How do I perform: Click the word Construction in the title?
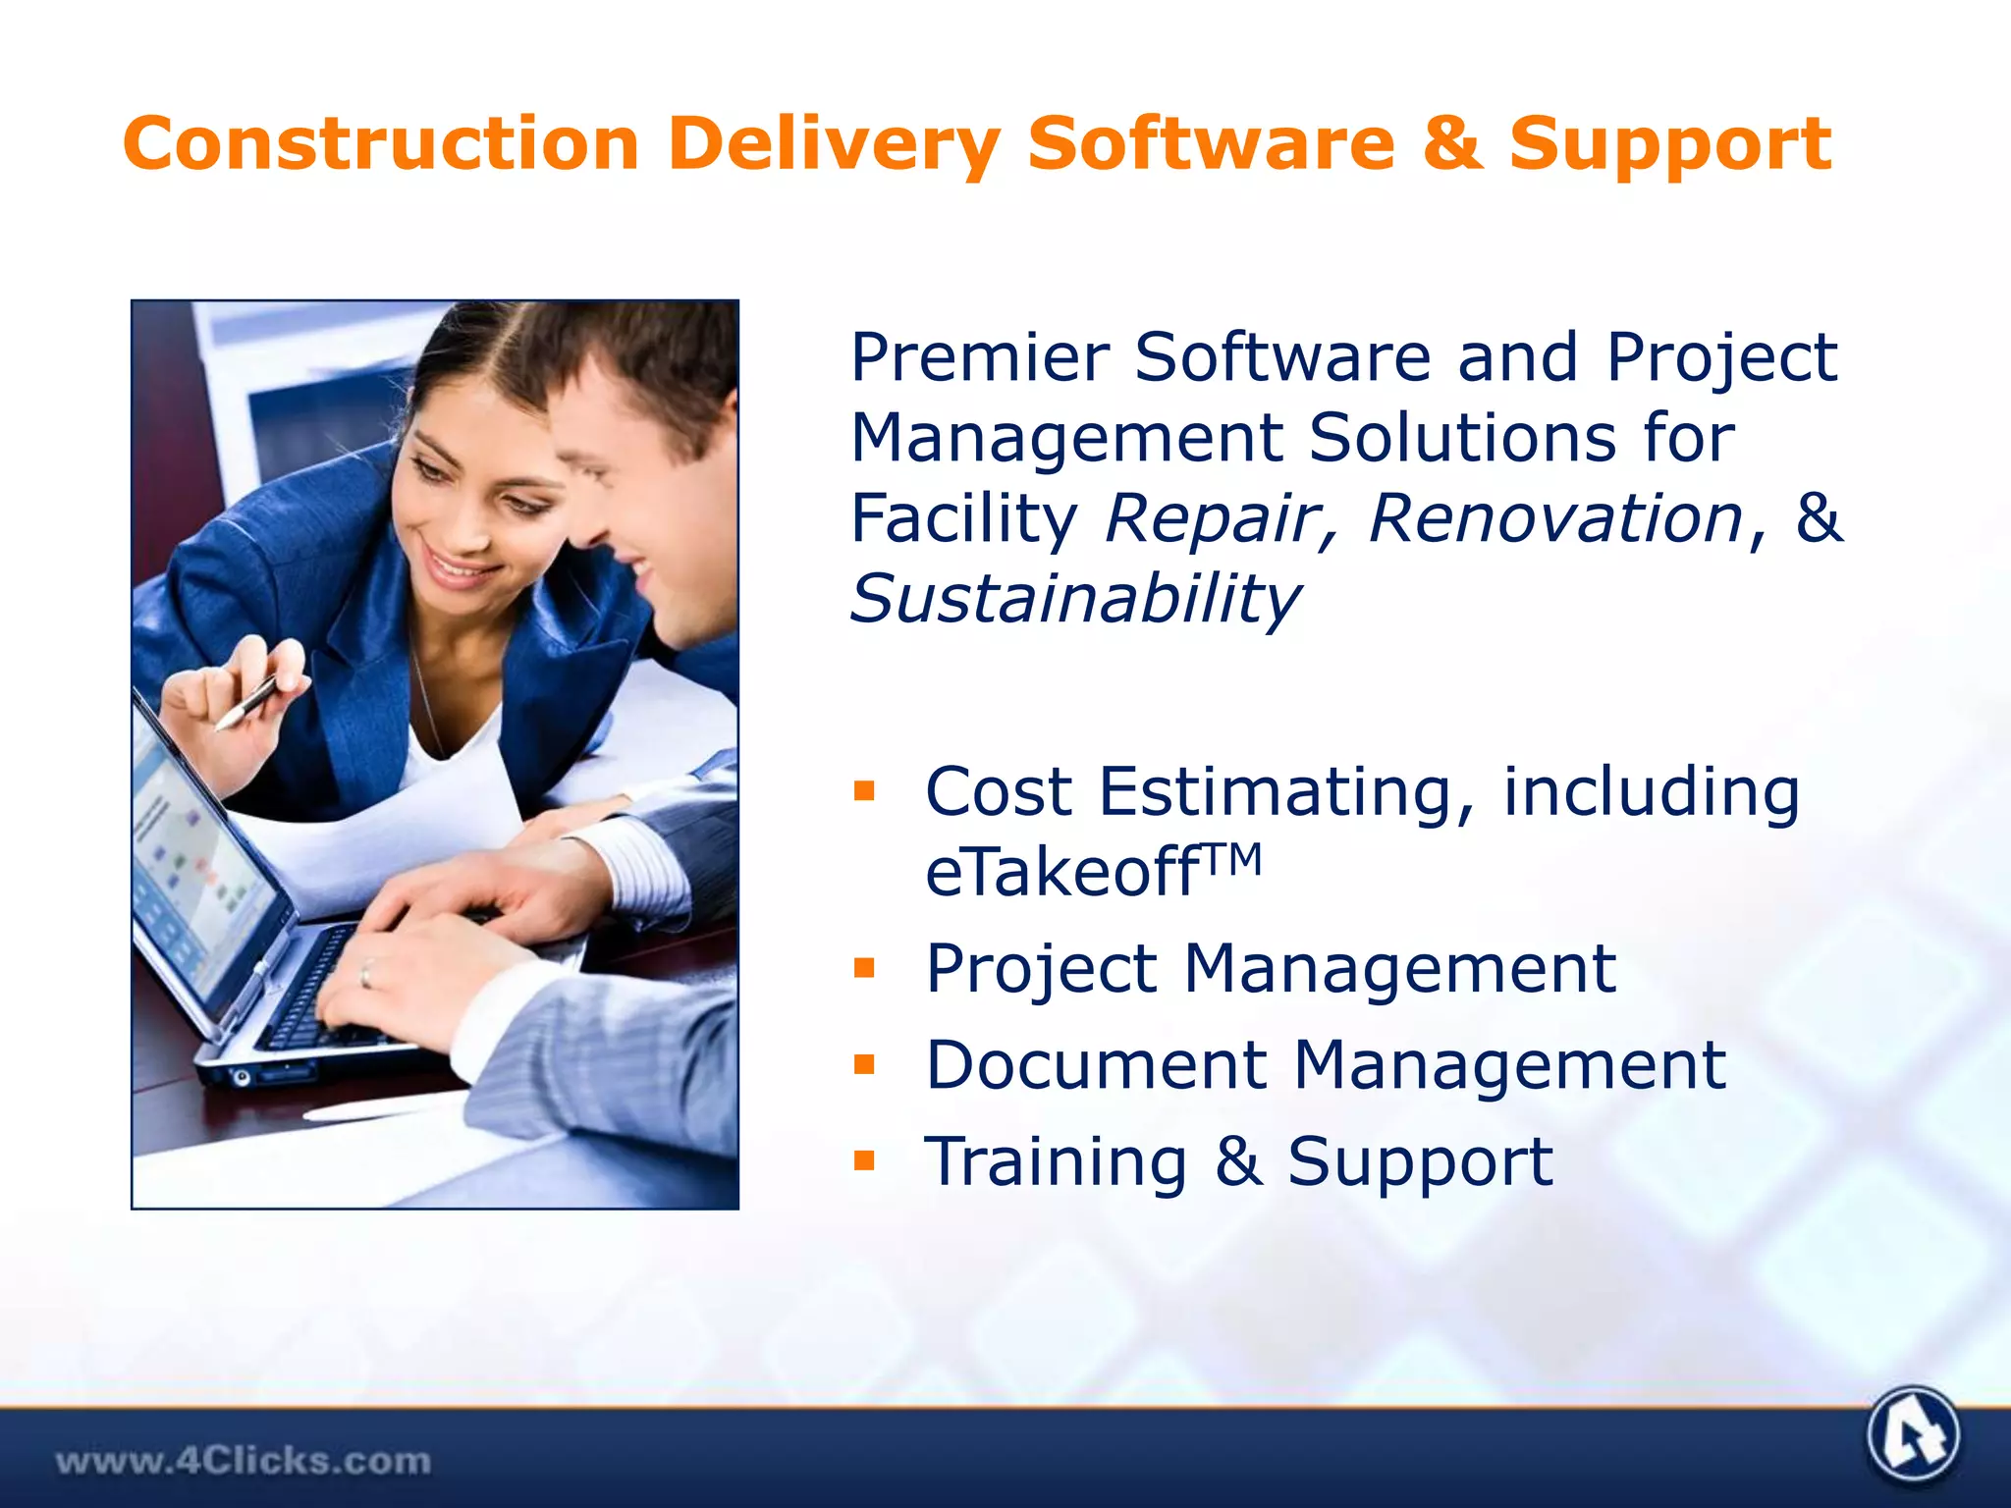pos(381,144)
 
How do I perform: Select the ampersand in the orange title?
pos(1451,144)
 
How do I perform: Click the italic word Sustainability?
pos(1074,599)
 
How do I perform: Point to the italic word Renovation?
pos(1554,518)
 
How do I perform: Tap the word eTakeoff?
pos(1060,872)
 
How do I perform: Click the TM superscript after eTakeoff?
pos(1231,860)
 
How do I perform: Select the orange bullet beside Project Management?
pos(864,969)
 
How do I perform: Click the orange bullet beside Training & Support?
pos(864,1161)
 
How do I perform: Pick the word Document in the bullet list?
pos(1096,1065)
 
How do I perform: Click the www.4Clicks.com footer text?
pos(243,1461)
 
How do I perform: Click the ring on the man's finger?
pos(365,973)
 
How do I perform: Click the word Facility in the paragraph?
pos(963,518)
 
